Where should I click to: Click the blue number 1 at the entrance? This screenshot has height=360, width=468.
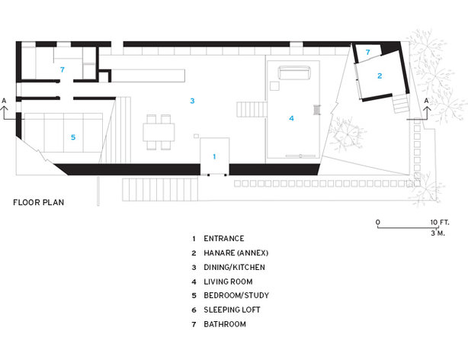click(x=214, y=156)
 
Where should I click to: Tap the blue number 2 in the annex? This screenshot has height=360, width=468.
click(x=380, y=76)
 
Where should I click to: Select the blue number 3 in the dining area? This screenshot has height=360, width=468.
click(x=193, y=101)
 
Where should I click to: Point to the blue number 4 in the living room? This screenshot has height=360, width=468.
click(x=292, y=118)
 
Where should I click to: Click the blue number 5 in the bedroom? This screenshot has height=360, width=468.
click(x=73, y=137)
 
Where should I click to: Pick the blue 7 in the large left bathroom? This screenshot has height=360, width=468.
click(x=62, y=69)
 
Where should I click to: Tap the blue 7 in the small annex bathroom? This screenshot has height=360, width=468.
click(x=367, y=52)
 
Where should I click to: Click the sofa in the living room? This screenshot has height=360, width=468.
click(x=294, y=72)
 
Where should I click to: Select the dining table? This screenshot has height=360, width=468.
click(x=159, y=133)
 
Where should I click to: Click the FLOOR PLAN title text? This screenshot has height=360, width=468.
click(x=39, y=203)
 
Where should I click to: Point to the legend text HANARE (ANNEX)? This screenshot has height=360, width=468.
click(x=236, y=253)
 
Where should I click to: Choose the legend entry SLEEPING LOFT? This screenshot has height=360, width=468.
click(x=232, y=310)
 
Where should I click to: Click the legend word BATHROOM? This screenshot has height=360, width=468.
click(x=225, y=324)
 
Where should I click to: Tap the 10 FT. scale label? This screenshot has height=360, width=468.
click(x=440, y=222)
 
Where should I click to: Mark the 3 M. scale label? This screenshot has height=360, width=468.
click(x=438, y=233)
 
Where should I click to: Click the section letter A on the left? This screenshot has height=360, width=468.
click(x=4, y=101)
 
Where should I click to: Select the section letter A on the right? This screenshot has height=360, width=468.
click(x=427, y=101)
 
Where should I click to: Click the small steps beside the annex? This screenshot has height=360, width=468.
click(x=400, y=104)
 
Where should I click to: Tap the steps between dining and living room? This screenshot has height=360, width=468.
click(x=252, y=109)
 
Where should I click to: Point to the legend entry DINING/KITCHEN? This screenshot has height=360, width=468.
click(x=234, y=267)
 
